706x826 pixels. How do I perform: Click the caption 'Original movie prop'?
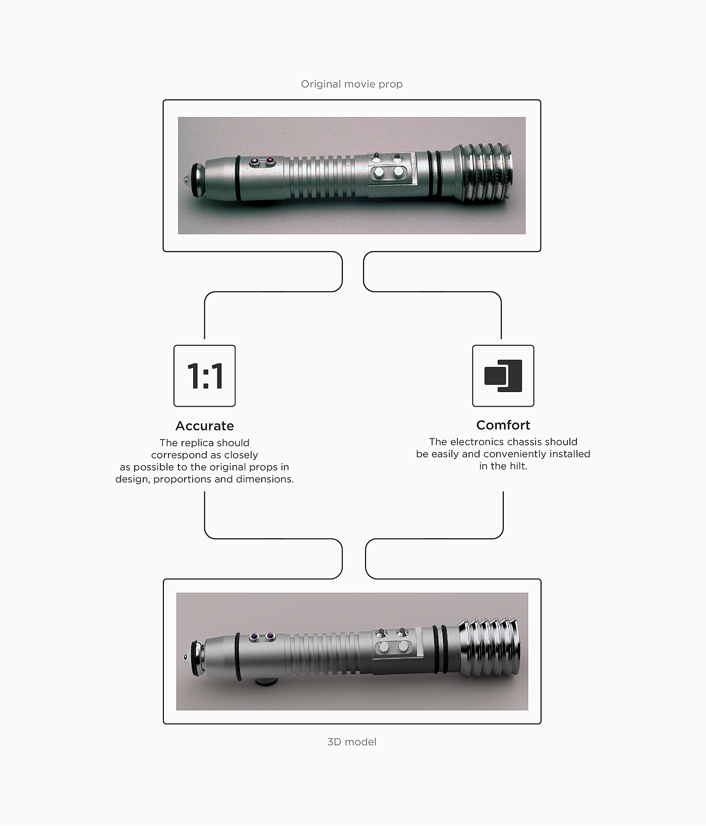coord(351,84)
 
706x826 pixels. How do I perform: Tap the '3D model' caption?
coord(352,742)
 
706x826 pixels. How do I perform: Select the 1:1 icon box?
coord(205,376)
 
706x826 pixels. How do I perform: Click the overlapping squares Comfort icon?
coord(503,376)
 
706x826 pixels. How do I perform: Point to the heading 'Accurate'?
coord(205,426)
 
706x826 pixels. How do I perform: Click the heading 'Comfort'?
coord(503,425)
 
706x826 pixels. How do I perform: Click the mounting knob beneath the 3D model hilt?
coord(266,682)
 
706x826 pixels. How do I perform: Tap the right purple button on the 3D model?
coord(270,637)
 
